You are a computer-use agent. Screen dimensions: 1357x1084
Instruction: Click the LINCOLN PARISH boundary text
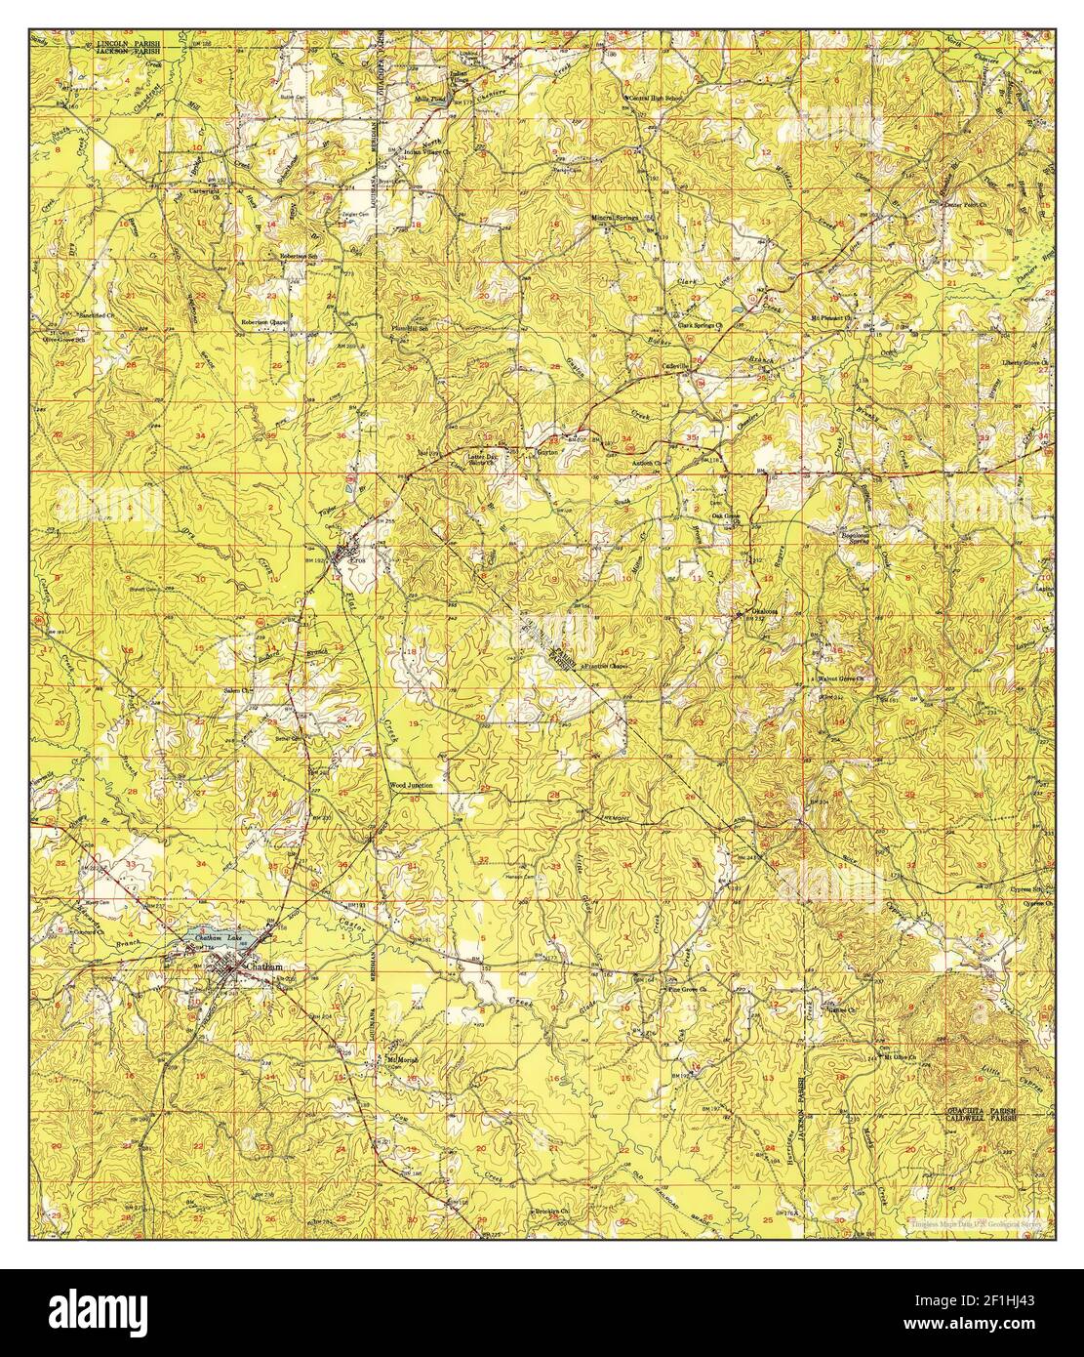(x=127, y=45)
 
